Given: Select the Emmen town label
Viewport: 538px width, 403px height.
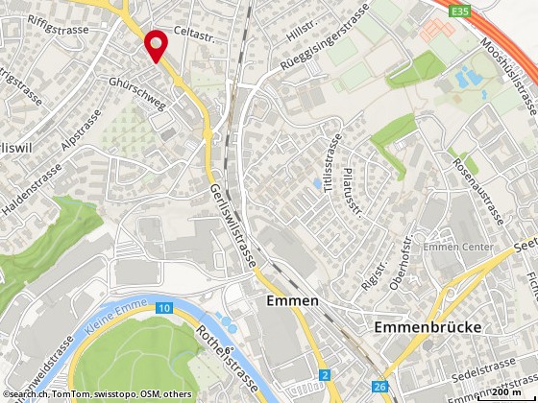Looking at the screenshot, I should click(291, 303).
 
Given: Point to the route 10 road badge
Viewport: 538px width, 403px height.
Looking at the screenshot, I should click(165, 307).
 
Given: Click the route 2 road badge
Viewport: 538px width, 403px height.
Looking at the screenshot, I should click(327, 372).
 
